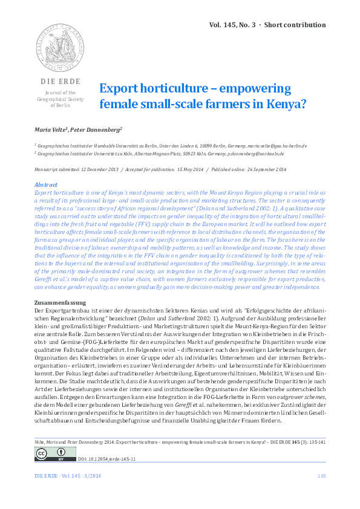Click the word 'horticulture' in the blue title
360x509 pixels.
click(160, 88)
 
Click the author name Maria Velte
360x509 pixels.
click(52, 129)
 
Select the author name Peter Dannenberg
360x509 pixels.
click(97, 129)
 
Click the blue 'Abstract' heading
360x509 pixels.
click(45, 184)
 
